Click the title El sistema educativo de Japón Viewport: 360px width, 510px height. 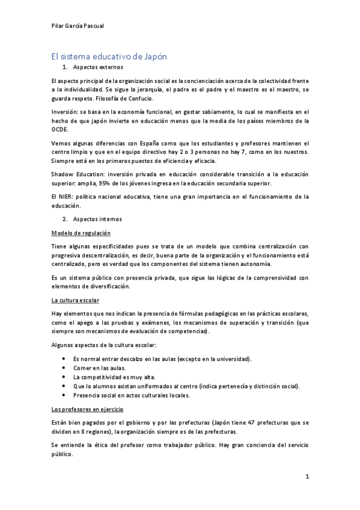pyautogui.click(x=108, y=56)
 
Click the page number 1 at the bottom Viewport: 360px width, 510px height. pyautogui.click(x=307, y=478)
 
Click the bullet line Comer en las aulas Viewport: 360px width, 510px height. pyautogui.click(x=95, y=368)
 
